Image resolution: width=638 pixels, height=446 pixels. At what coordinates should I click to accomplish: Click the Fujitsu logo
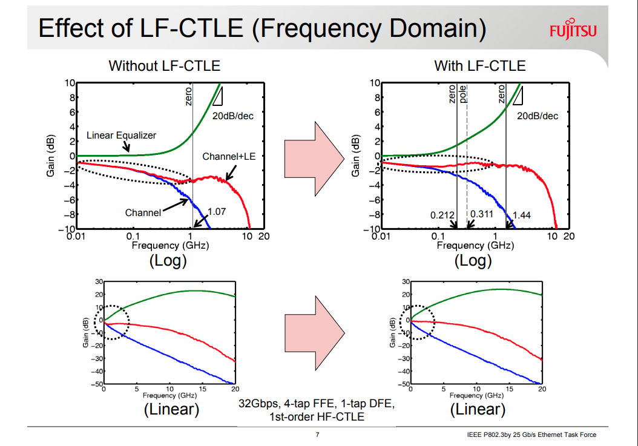573,30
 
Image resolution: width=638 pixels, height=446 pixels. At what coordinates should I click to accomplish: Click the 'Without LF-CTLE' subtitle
164,66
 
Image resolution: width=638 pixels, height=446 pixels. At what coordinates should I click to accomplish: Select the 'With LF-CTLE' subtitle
480,66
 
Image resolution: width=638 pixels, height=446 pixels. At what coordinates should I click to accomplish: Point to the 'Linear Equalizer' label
121,135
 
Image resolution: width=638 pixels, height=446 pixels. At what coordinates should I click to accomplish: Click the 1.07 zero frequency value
216,212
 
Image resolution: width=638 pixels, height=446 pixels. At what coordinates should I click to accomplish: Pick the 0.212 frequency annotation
442,215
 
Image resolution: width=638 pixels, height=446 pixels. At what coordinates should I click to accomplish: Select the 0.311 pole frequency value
482,215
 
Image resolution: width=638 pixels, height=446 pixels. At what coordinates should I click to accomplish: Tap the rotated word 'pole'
463,95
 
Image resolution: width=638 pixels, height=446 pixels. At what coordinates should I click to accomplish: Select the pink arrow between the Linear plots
315,329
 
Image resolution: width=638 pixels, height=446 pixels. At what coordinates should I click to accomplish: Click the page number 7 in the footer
318,435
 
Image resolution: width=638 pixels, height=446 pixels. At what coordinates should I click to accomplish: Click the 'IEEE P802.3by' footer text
531,435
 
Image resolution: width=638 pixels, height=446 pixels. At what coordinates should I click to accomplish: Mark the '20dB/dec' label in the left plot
233,116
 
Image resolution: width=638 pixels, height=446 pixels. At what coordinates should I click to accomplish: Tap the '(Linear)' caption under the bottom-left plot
171,409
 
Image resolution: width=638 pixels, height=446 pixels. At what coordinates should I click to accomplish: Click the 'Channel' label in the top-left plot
143,212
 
